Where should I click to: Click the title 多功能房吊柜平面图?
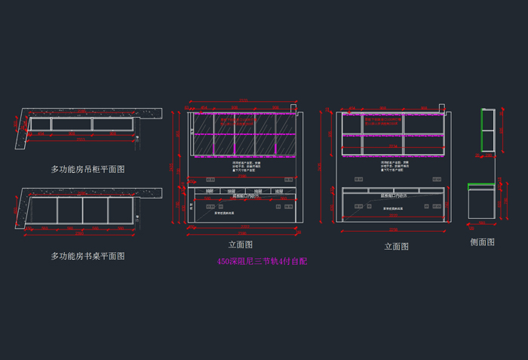pos(87,169)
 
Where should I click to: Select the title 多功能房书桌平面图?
pos(87,256)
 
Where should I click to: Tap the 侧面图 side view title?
pos(482,242)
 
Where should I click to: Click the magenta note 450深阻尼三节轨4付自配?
pos(262,261)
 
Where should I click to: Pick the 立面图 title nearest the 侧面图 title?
pos(396,246)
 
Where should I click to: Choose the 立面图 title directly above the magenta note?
pos(241,245)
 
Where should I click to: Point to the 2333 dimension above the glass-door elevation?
pos(243,100)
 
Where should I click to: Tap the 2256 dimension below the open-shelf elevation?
pos(393,229)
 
